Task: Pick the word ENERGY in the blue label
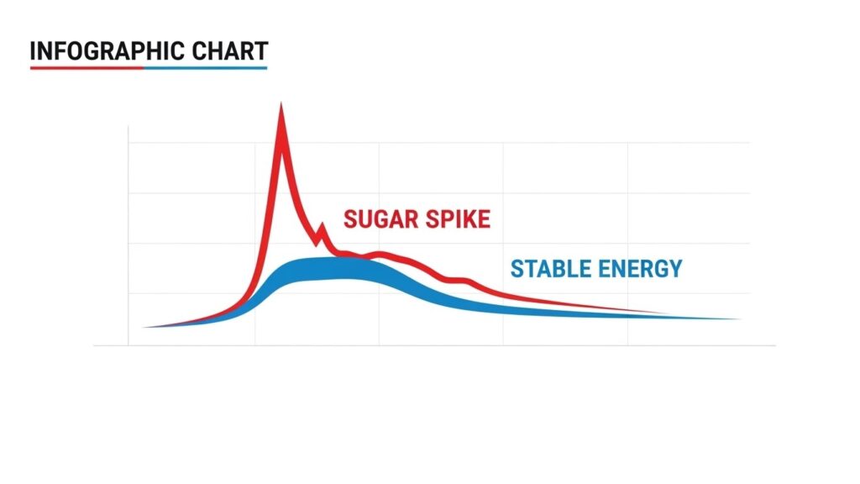tap(642, 269)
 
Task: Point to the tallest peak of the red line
tap(281, 106)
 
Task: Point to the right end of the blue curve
tap(737, 319)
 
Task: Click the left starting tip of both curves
tap(146, 327)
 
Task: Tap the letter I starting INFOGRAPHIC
tap(33, 52)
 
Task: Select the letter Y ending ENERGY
tap(674, 269)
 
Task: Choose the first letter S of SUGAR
tap(351, 220)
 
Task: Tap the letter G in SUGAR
tap(382, 220)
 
